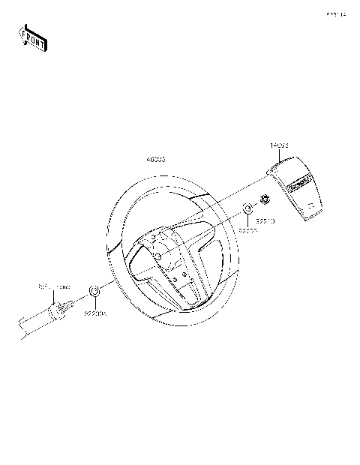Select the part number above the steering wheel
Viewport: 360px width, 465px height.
click(156, 160)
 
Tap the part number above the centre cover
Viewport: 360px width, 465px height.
click(280, 145)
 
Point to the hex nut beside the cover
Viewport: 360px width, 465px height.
click(264, 199)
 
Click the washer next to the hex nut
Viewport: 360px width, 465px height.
click(247, 208)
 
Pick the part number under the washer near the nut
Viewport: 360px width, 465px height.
click(248, 232)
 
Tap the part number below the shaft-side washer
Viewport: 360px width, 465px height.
click(95, 315)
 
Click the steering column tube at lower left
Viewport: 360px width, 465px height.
click(30, 323)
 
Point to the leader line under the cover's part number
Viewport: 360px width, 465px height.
click(280, 153)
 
